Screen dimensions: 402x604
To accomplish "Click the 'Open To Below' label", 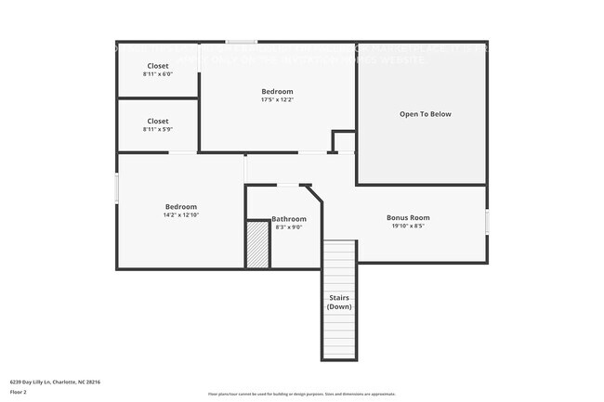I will [x=425, y=114].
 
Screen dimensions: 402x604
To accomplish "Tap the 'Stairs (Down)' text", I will [x=339, y=302].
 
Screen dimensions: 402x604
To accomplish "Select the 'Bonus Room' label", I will [x=408, y=217].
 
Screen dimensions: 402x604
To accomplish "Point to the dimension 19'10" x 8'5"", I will [x=408, y=226].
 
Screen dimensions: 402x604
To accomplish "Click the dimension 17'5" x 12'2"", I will [x=277, y=100].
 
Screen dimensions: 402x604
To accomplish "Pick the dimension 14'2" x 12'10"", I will [x=180, y=215].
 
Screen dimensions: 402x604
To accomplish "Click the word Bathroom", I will [x=288, y=218].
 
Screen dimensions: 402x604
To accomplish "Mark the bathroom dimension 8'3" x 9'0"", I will [x=288, y=227].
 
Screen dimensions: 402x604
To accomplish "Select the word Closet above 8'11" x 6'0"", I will [x=158, y=66].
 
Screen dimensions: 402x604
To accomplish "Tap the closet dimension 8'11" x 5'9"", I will [x=158, y=129].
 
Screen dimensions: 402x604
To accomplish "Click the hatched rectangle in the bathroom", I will [x=257, y=244].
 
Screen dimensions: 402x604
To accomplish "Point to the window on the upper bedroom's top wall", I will [x=243, y=42].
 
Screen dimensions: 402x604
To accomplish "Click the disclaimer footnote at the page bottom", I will [x=301, y=394].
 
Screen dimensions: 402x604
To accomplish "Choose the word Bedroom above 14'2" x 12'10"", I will [x=180, y=206].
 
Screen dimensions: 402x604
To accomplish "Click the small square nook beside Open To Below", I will [x=344, y=142].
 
